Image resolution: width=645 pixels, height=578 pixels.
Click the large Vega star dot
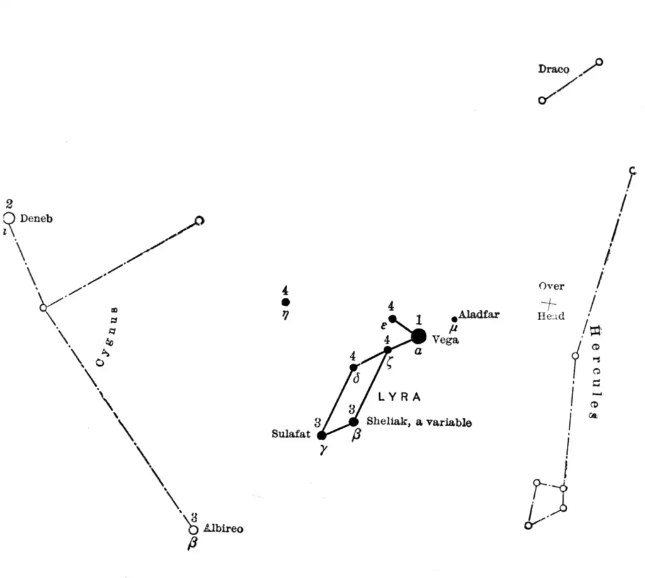pyautogui.click(x=418, y=336)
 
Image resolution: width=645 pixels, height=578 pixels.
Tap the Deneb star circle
pyautogui.click(x=9, y=218)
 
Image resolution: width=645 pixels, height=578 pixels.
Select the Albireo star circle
pyautogui.click(x=193, y=530)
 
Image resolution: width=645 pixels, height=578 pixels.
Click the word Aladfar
pyautogui.click(x=479, y=314)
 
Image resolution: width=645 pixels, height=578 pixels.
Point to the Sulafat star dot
pyautogui.click(x=322, y=435)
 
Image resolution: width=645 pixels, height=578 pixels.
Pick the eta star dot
pyautogui.click(x=286, y=302)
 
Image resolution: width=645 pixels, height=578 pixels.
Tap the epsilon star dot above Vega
pyautogui.click(x=392, y=319)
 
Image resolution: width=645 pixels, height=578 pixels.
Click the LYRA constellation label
pyautogui.click(x=399, y=397)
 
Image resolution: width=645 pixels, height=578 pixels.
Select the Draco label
pyautogui.click(x=554, y=69)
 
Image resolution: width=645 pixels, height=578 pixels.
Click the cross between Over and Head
pyautogui.click(x=549, y=302)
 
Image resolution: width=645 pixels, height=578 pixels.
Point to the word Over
pyautogui.click(x=551, y=286)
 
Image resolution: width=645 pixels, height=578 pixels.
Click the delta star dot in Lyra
pyautogui.click(x=353, y=367)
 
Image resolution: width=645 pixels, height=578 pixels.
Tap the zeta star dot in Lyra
pyautogui.click(x=387, y=349)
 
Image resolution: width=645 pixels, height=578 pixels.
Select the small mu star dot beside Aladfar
pyautogui.click(x=454, y=319)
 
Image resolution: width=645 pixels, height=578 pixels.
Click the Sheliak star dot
pyautogui.click(x=353, y=421)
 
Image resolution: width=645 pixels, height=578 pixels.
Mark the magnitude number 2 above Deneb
pyautogui.click(x=9, y=204)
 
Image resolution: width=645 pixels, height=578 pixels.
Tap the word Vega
pyautogui.click(x=445, y=340)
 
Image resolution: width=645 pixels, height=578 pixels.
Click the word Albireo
pyautogui.click(x=224, y=529)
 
